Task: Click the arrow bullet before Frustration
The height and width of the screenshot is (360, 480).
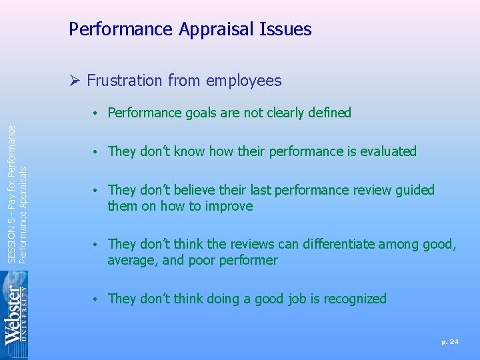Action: (x=75, y=81)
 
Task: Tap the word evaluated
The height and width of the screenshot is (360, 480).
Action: (x=388, y=151)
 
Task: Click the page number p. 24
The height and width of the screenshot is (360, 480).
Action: (x=450, y=342)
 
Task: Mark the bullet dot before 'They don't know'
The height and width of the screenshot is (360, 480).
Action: (x=97, y=152)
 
